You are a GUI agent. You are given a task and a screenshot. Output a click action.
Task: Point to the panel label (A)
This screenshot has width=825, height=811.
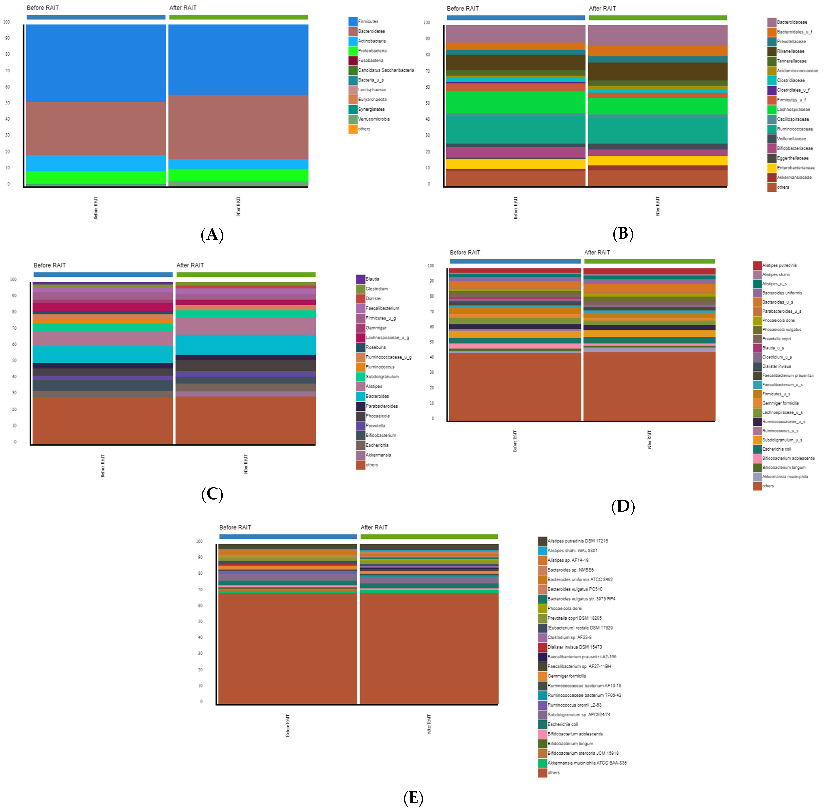(212, 235)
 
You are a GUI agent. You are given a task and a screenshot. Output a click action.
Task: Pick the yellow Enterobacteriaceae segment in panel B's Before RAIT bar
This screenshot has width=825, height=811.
(515, 164)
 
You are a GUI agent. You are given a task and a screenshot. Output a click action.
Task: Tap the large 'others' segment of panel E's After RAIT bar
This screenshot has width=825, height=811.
(429, 647)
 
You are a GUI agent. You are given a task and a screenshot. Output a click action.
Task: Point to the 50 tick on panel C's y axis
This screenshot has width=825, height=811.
(14, 360)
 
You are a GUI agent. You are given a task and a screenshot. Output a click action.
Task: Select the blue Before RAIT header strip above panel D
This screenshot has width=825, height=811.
(515, 261)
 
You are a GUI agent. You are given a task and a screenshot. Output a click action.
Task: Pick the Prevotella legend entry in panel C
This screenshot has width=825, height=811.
(374, 426)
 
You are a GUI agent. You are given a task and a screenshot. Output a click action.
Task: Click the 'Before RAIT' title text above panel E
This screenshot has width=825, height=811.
(235, 527)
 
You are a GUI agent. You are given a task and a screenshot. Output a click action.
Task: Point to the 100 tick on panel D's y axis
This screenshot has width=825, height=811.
(431, 266)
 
